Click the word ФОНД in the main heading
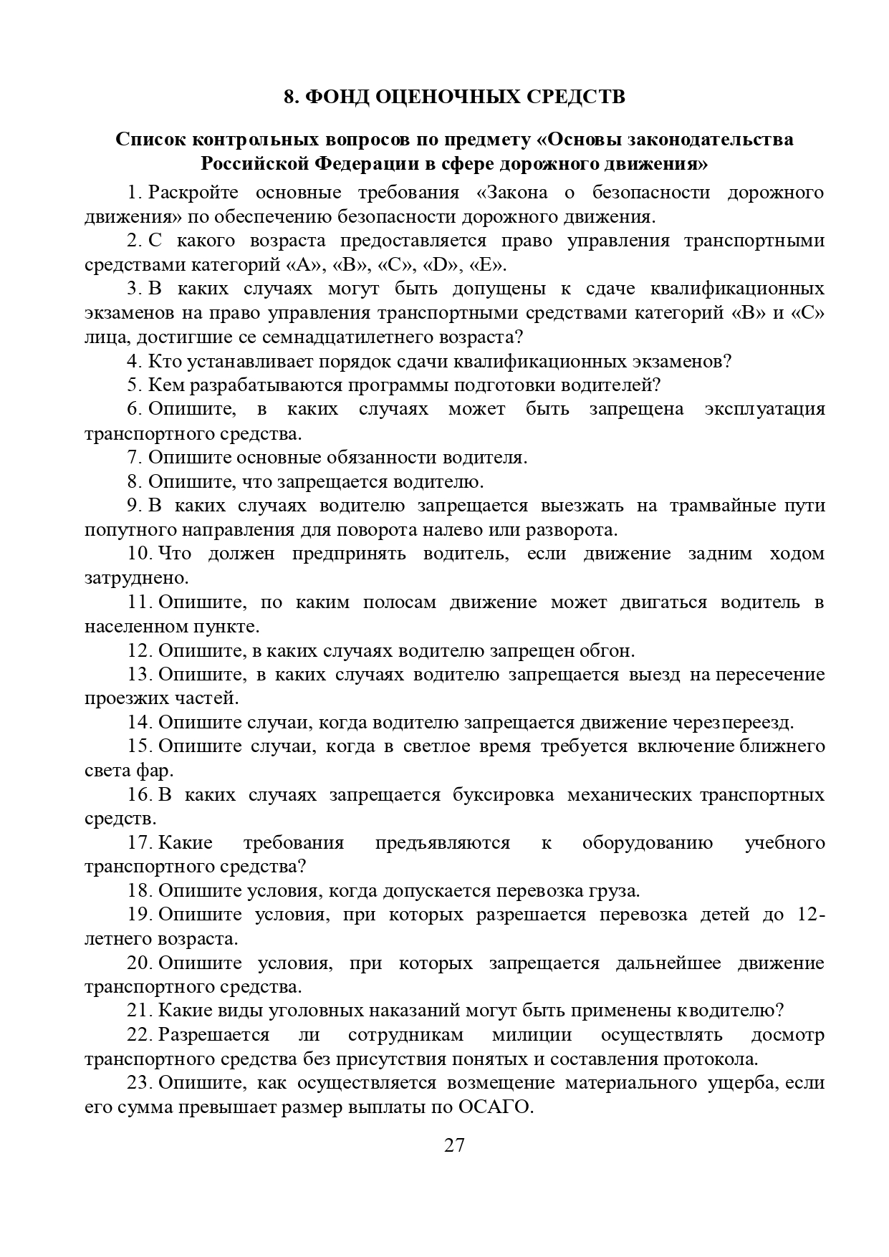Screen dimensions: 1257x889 (335, 97)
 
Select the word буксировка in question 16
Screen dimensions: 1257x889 (503, 794)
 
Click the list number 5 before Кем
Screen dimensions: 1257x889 (134, 385)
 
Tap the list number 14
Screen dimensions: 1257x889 (139, 722)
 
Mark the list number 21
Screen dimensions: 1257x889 (139, 1011)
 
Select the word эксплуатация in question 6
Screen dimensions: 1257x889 (764, 409)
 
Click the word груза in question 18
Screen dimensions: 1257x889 (616, 890)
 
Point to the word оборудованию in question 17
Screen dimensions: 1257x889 (648, 842)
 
